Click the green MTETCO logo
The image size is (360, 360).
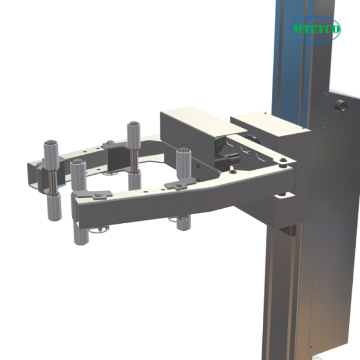(316, 29)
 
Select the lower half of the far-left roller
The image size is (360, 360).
(53, 207)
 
